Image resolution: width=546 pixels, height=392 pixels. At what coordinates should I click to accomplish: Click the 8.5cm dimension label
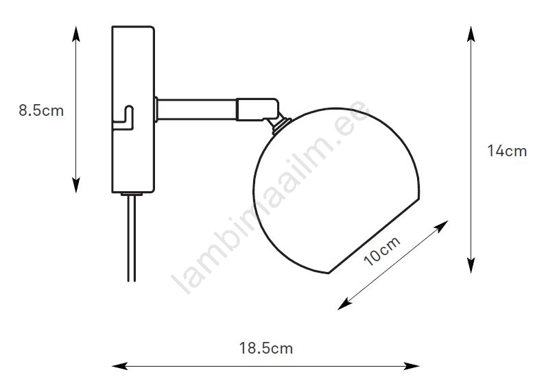coord(41,110)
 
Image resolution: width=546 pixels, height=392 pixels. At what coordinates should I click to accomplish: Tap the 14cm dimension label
coord(507,151)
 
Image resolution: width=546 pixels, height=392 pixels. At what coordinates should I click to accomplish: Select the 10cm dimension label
coord(381,252)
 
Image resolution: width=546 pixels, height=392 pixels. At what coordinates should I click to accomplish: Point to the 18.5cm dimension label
coord(265,348)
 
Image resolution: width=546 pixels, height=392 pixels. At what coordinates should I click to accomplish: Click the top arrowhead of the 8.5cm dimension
coord(76,34)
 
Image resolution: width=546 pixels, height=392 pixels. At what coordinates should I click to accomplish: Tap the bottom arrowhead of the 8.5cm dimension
coord(76,185)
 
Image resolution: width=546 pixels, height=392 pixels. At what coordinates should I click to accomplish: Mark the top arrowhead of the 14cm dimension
coord(471,34)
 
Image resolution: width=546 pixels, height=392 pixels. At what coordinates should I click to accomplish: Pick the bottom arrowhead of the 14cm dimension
coord(471,265)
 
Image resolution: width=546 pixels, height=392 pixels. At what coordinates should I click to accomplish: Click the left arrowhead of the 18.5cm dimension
coord(120,366)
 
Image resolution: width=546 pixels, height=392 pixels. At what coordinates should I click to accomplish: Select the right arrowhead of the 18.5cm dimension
coord(412,366)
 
